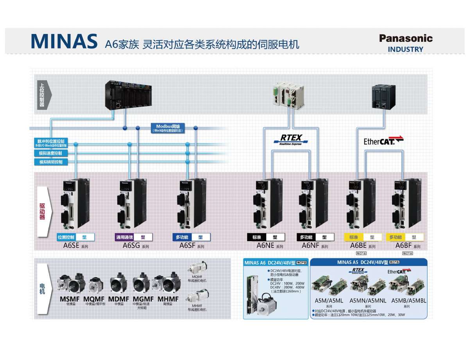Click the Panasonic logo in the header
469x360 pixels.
(406, 38)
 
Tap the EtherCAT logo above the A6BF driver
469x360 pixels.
(383, 141)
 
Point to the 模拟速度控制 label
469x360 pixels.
(50, 153)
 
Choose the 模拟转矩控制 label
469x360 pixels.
(50, 162)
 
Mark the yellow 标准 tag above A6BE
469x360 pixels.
(354, 237)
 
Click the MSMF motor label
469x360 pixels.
(70, 299)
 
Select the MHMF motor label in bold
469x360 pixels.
(168, 299)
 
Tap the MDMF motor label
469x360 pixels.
(119, 299)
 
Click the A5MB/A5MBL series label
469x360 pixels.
(409, 301)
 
